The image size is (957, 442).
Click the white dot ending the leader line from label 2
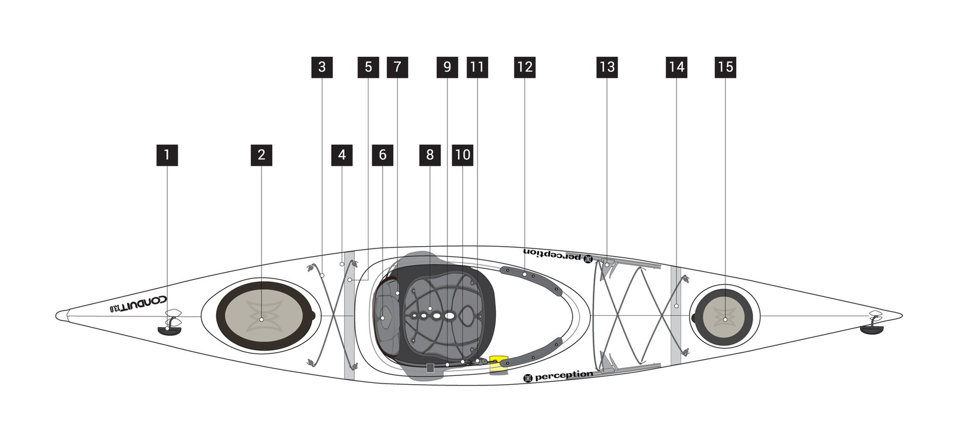[x=262, y=319]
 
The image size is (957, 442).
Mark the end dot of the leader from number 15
[x=725, y=319]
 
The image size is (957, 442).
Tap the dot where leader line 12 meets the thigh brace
[x=525, y=274]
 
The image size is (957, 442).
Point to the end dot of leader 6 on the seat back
[x=383, y=317]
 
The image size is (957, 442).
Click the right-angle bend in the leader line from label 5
[x=368, y=280]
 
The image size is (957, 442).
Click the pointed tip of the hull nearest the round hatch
[x=902, y=316]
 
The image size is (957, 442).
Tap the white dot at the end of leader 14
[x=677, y=306]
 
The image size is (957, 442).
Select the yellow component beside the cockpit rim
[x=498, y=364]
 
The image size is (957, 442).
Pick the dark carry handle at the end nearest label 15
[x=871, y=329]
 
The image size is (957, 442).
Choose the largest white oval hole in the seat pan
[x=449, y=316]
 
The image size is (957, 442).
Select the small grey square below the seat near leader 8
[x=430, y=367]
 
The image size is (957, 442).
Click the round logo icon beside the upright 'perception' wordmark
[x=528, y=378]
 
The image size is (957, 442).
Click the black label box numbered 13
[x=607, y=67]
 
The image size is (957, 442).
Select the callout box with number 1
[x=167, y=155]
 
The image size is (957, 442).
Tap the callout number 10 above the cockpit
[x=463, y=155]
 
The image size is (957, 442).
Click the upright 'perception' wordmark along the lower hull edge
[x=564, y=375]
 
